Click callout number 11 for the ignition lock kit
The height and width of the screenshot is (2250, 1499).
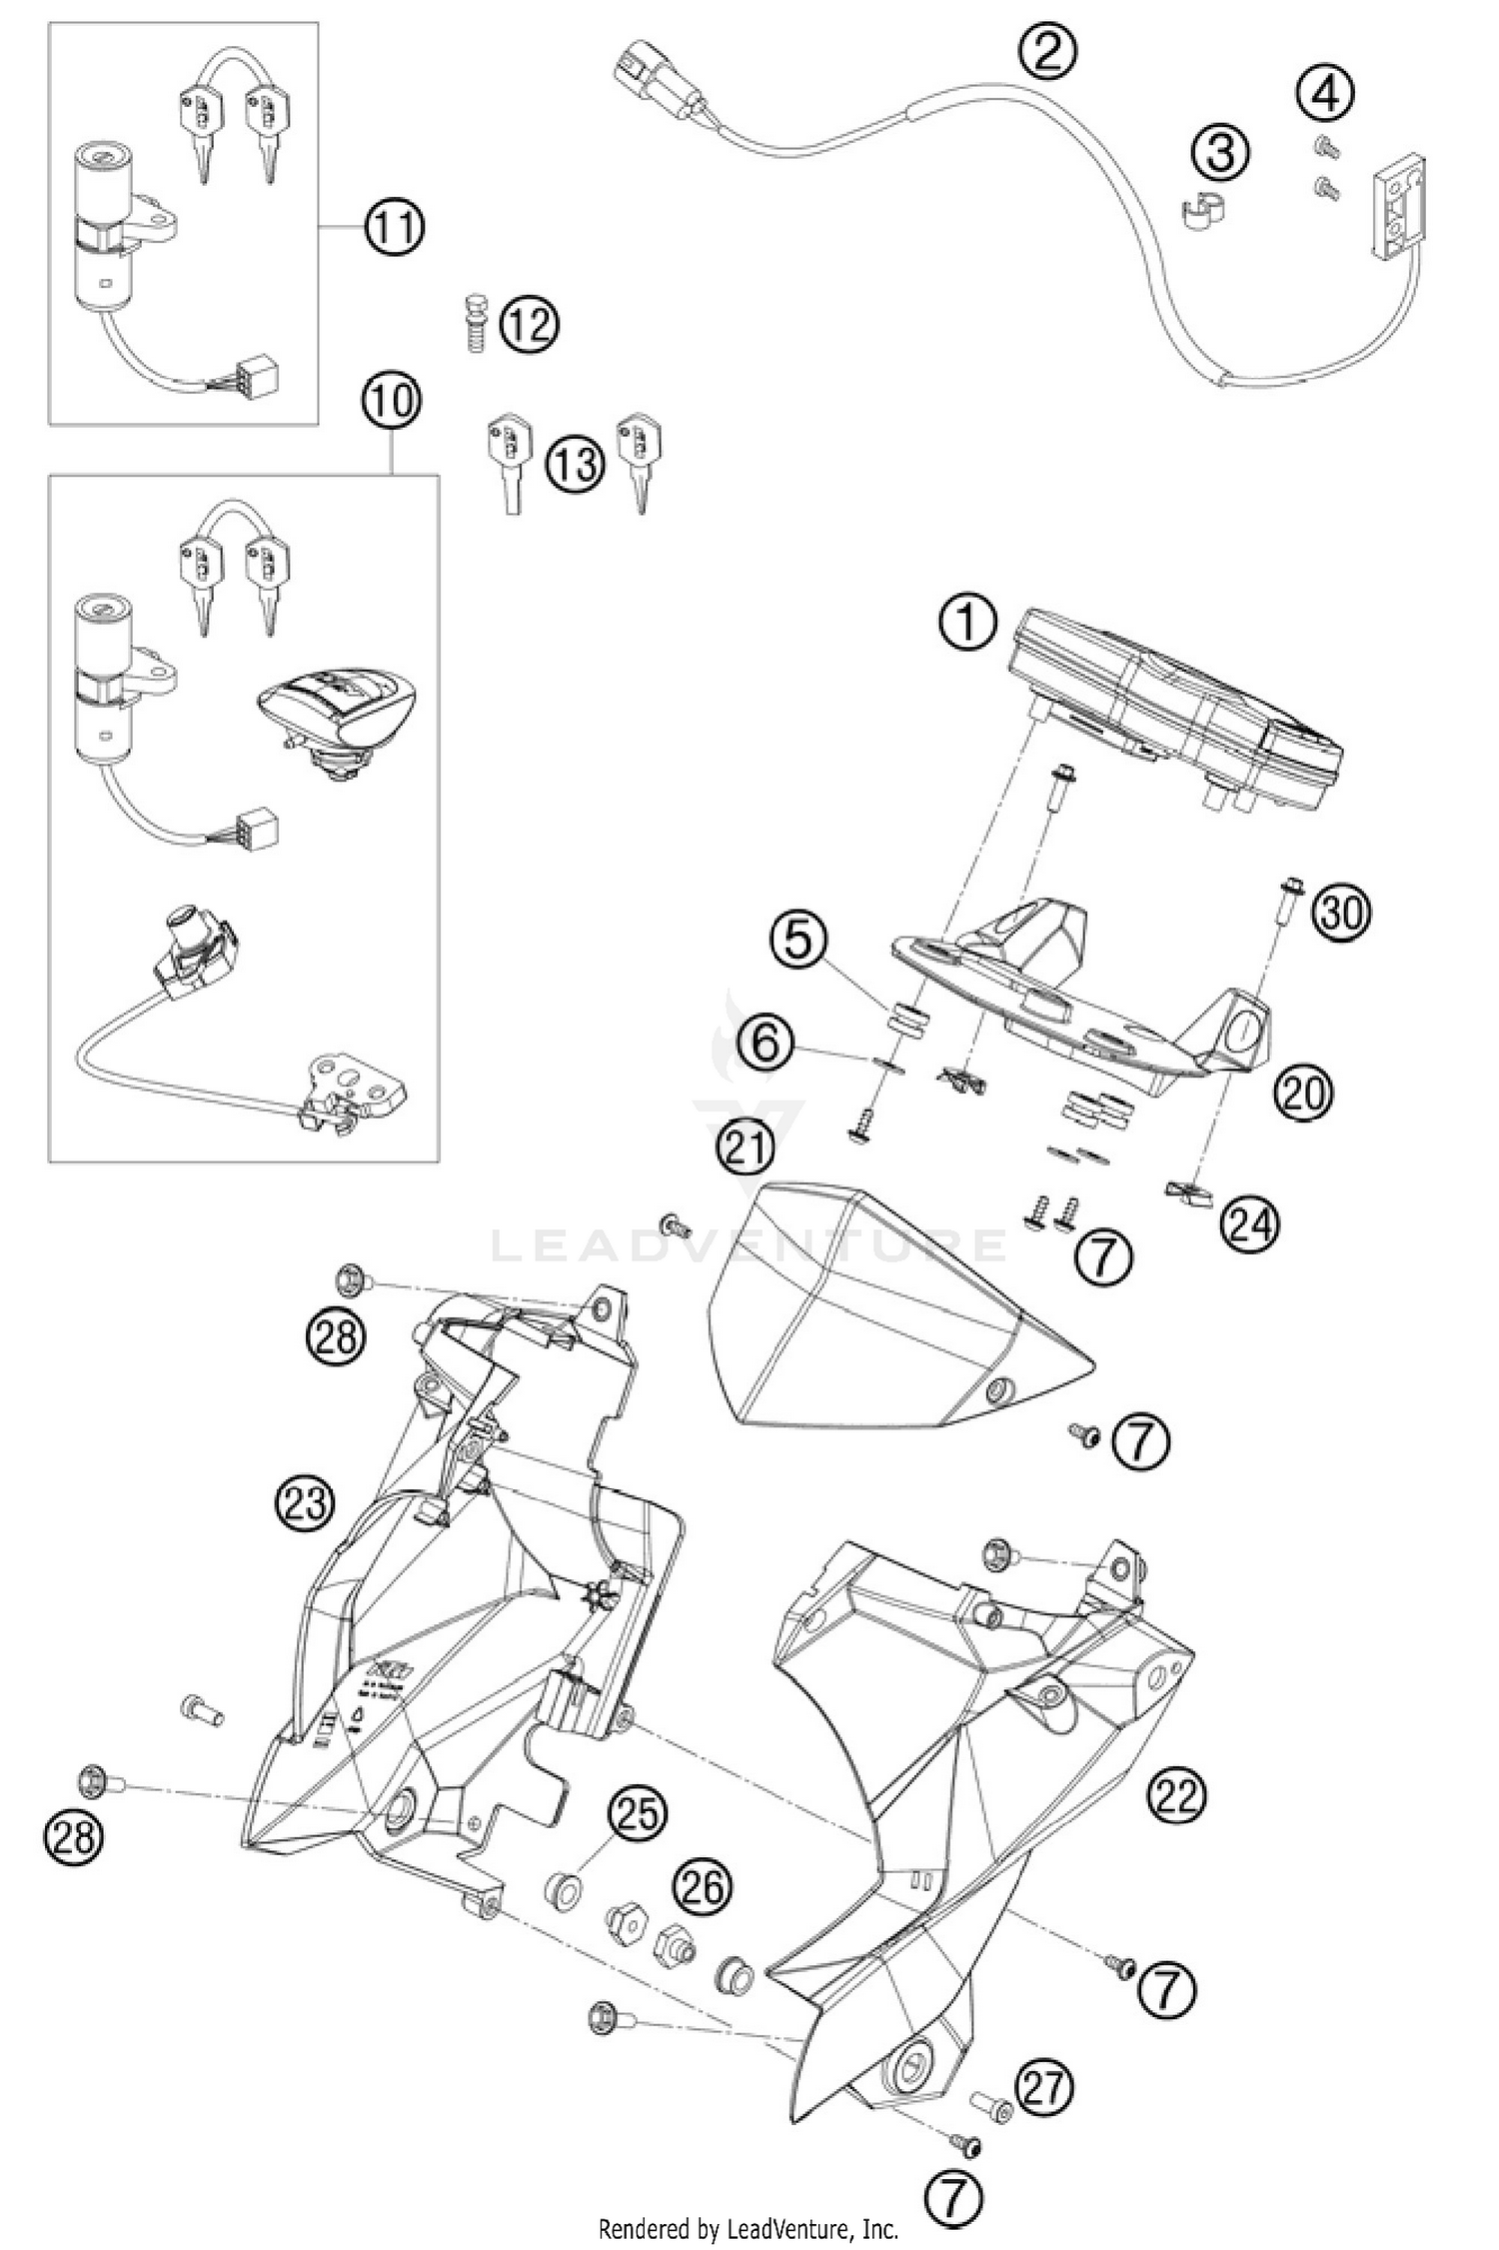point(394,228)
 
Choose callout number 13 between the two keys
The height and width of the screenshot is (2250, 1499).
point(575,465)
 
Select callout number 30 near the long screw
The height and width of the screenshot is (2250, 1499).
point(1341,913)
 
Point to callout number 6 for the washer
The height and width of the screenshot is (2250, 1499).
point(767,1046)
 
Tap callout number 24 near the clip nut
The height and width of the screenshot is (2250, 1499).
point(1248,1224)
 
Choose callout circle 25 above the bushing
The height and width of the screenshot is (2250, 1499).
point(637,1812)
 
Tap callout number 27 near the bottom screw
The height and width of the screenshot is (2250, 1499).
point(1044,2088)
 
